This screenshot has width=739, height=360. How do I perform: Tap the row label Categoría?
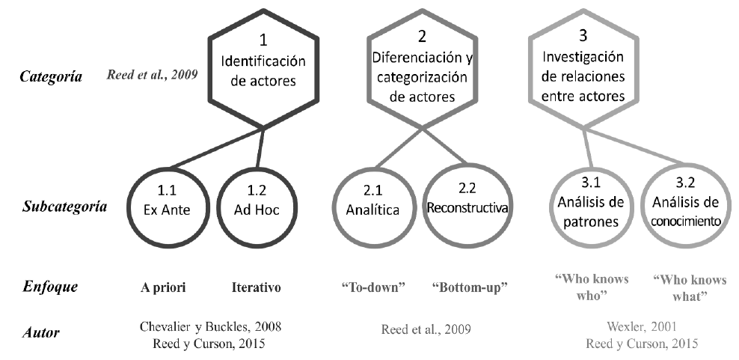(52, 76)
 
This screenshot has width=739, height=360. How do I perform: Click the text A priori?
(164, 287)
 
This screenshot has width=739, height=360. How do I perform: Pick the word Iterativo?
(255, 287)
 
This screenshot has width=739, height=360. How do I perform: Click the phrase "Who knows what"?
(689, 287)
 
